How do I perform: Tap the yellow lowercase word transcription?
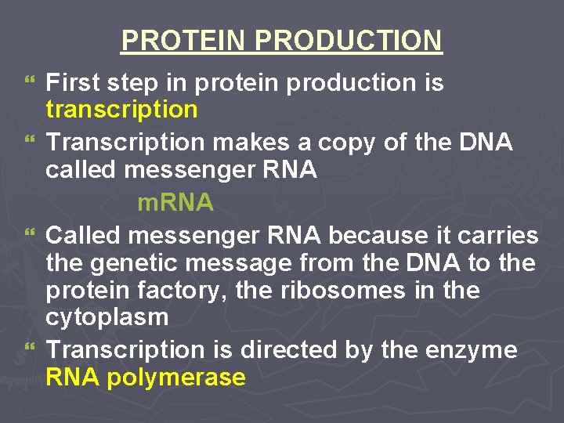point(121,110)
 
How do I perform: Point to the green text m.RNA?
point(175,203)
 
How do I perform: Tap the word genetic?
point(142,263)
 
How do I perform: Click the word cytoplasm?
point(107,318)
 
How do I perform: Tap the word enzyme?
point(472,349)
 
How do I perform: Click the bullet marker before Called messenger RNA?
point(31,235)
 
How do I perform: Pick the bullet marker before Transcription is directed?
point(31,349)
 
